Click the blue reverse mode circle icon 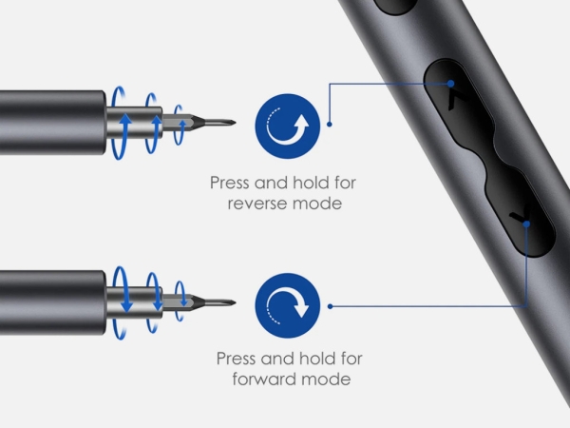(288, 126)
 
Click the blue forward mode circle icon (288, 305)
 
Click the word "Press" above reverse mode (230, 183)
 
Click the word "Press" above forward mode (237, 359)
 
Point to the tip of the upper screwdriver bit (236, 123)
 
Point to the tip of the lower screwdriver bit (236, 302)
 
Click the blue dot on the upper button (450, 84)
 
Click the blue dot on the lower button (526, 224)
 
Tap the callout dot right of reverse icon (330, 125)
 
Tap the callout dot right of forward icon (330, 306)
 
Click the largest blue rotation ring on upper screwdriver (112, 124)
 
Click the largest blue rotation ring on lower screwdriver (114, 302)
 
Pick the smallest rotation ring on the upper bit (175, 125)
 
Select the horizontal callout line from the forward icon (428, 306)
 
